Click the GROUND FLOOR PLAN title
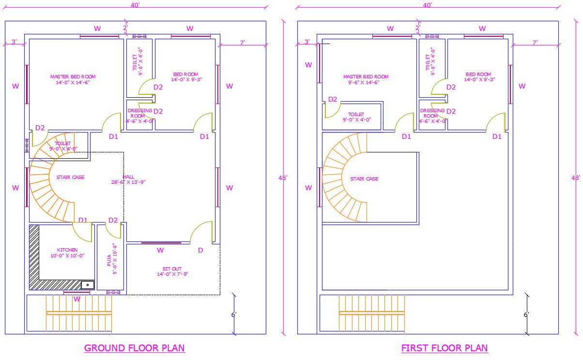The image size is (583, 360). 135,348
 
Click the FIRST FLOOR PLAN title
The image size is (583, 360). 445,348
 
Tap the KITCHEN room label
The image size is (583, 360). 67,253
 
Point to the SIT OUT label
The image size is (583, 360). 172,271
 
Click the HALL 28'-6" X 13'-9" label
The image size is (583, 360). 128,180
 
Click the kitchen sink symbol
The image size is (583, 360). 88,285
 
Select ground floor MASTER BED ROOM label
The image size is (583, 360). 73,79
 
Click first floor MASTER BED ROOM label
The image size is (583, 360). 366,79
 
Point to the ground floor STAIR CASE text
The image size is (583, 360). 70,178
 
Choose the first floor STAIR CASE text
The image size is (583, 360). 364,179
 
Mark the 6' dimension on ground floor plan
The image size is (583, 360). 234,315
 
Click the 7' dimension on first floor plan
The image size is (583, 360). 535,43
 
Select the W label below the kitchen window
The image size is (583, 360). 77,299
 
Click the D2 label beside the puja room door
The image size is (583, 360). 113,220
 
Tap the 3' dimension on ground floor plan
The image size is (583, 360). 14,42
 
